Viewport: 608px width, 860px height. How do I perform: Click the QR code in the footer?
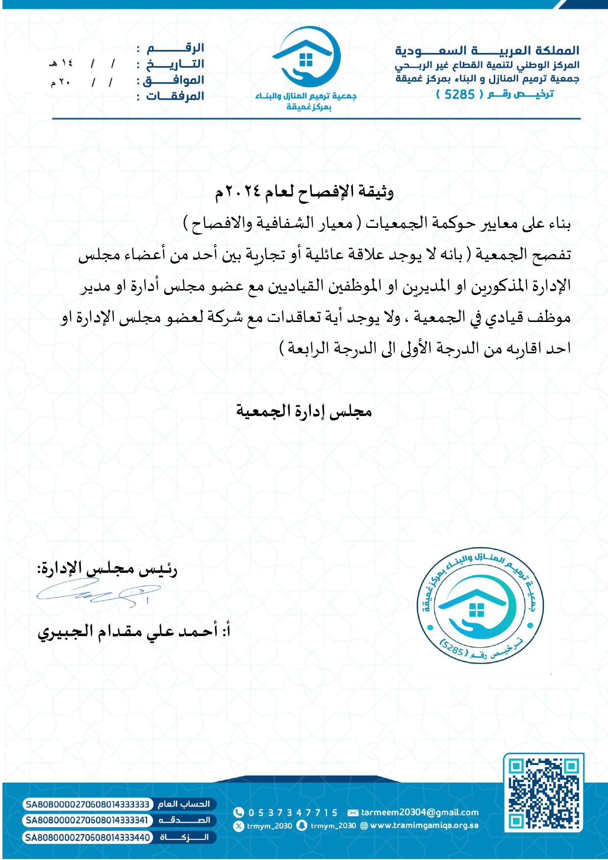tap(544, 792)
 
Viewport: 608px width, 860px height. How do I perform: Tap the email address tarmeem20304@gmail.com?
tap(419, 812)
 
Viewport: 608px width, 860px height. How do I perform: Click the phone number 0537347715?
tap(293, 812)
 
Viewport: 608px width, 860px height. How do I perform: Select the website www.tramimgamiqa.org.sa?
tap(424, 826)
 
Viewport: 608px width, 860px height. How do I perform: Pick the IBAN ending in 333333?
tap(87, 804)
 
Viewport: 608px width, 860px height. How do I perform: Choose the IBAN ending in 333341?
tap(87, 820)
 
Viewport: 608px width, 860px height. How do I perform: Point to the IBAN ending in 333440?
tap(87, 837)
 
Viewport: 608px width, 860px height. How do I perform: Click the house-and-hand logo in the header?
tap(306, 56)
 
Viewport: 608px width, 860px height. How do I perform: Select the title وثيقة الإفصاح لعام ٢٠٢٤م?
tap(304, 192)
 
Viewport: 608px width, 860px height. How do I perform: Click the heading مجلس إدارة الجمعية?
tap(304, 411)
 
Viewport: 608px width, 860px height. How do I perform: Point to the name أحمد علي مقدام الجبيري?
tap(128, 631)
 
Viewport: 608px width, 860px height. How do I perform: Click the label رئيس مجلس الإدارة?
tap(108, 569)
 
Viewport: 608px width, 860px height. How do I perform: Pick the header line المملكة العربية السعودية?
tap(487, 50)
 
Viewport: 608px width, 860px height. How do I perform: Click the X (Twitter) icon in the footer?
tap(239, 826)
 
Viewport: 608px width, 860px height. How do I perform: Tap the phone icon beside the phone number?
tap(239, 812)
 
